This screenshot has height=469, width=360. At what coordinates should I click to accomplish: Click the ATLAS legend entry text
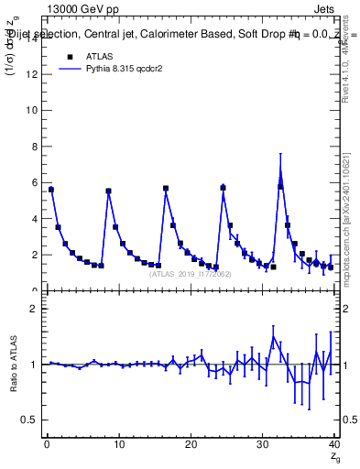[x=98, y=57]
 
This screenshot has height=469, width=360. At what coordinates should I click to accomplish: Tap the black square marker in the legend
[x=68, y=57]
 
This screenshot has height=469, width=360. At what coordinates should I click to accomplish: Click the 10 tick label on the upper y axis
[x=34, y=110]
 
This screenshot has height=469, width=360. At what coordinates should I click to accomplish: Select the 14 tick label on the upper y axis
[x=34, y=38]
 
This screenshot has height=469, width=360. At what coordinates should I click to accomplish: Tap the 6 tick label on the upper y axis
[x=37, y=182]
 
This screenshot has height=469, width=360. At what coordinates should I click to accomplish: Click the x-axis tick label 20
[x=191, y=446]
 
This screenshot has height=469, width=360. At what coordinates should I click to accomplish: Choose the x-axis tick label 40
[x=334, y=446]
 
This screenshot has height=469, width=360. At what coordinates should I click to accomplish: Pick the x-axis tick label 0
[x=47, y=446]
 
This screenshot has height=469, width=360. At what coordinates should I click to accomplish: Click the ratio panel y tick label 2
[x=37, y=309]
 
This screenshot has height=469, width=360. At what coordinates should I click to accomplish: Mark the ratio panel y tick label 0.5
[x=32, y=420]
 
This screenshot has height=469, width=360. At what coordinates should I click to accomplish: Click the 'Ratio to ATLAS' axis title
[x=13, y=365]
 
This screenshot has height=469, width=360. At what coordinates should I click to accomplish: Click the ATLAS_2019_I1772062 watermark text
[x=191, y=274]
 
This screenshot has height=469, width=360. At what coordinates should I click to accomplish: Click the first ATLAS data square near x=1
[x=51, y=190]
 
